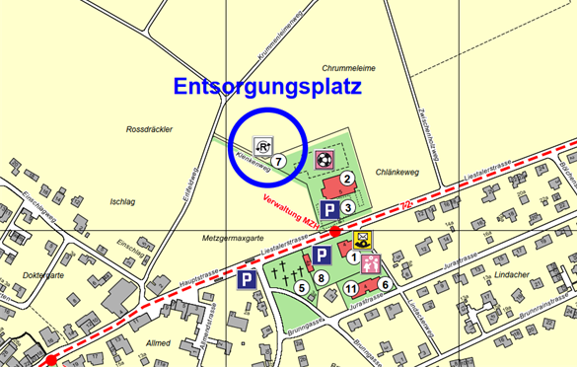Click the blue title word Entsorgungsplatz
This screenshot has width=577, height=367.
click(267, 86)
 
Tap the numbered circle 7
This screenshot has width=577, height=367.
click(280, 160)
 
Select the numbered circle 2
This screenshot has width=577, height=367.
click(347, 179)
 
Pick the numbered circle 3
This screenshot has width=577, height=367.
click(347, 207)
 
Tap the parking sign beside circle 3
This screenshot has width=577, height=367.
click(328, 207)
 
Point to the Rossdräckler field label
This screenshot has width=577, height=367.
click(150, 129)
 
